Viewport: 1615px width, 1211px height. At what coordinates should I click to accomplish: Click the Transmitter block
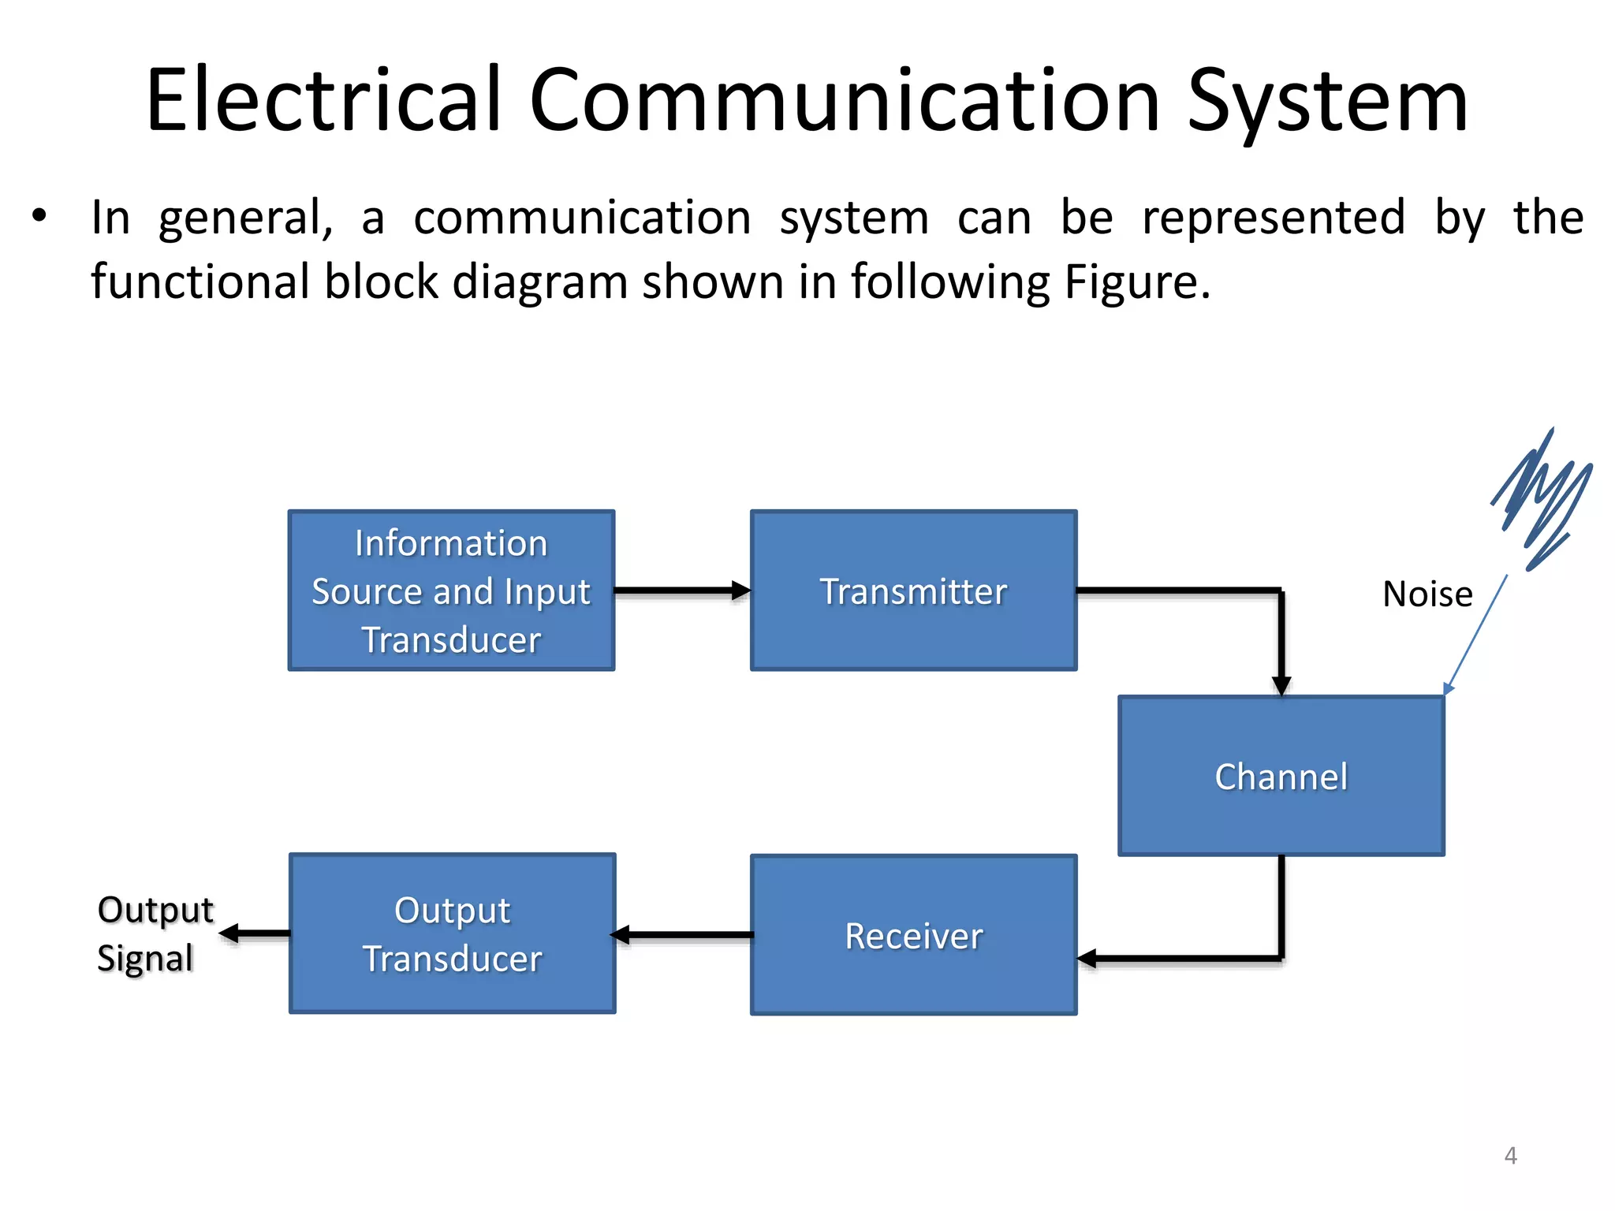tap(913, 591)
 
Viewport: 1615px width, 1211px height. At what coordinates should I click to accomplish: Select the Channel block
tap(1281, 776)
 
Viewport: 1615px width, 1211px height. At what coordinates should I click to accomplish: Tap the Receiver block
tap(913, 935)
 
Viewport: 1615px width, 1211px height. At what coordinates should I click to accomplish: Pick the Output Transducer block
tap(452, 933)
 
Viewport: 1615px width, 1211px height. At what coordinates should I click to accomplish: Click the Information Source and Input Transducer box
tap(451, 591)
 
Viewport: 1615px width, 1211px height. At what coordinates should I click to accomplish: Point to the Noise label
tap(1427, 594)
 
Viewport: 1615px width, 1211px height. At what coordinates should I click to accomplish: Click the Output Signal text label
tap(154, 933)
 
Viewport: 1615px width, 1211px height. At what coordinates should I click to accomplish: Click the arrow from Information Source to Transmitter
tap(681, 590)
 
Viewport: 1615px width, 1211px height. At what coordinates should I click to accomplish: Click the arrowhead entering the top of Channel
tap(1281, 685)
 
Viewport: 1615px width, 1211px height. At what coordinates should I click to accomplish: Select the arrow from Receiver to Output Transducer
tap(683, 935)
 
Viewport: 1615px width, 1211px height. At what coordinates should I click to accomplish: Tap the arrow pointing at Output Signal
tap(252, 934)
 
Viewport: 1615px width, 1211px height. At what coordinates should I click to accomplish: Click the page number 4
tap(1510, 1156)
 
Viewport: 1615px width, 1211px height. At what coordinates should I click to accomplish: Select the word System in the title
tap(1327, 101)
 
